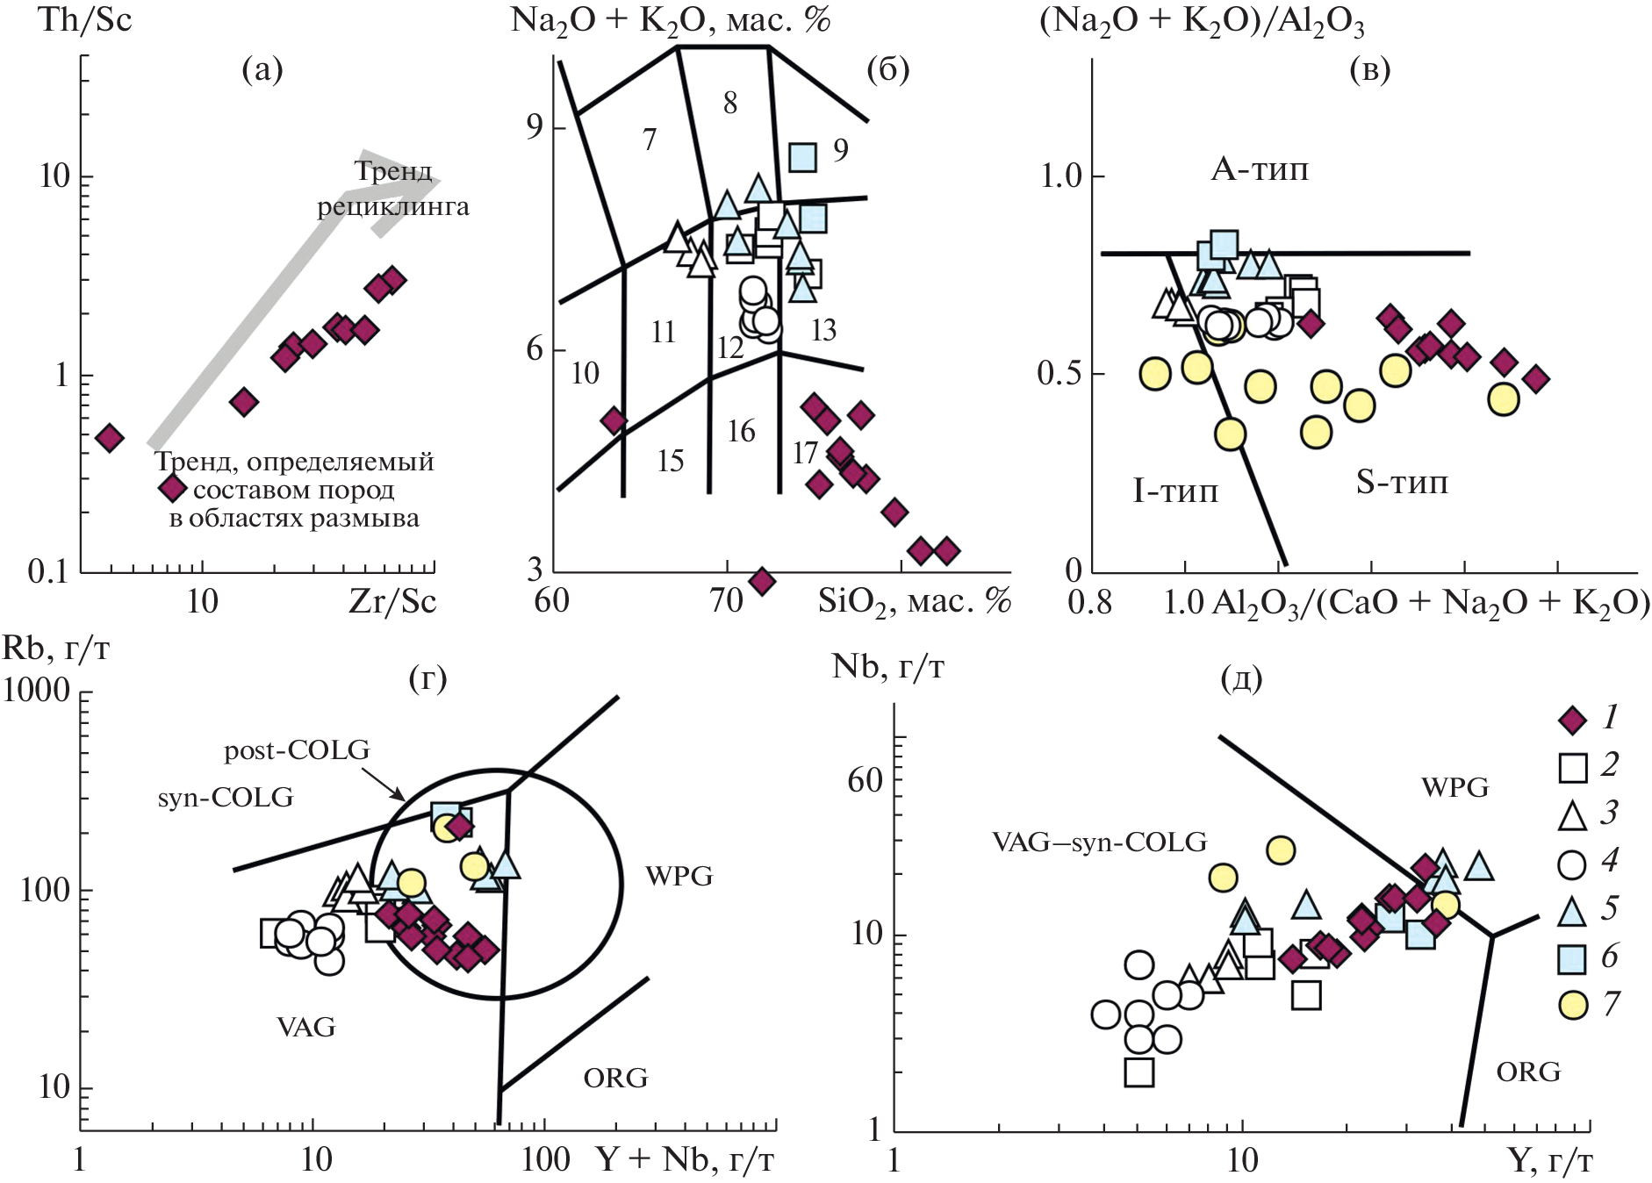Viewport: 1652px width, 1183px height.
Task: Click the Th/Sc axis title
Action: pos(84,19)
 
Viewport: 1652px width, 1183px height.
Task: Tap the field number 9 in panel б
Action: pos(841,150)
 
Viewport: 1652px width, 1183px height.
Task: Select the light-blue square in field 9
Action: pos(802,157)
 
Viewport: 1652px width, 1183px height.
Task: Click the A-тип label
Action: pos(1259,168)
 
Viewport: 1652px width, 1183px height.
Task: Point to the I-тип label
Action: pos(1175,490)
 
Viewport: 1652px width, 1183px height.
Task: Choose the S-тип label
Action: pos(1401,482)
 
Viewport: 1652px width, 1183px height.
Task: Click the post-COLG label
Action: pos(297,750)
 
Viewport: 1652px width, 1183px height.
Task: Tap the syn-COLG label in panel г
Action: pos(226,797)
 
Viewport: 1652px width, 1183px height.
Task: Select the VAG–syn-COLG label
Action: pos(1099,842)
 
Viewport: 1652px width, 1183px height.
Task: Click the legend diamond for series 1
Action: pos(1572,721)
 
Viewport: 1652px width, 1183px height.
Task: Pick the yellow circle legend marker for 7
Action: pos(1572,1005)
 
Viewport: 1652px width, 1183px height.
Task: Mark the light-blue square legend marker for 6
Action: pos(1572,957)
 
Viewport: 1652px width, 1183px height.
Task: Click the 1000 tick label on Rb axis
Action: pos(36,690)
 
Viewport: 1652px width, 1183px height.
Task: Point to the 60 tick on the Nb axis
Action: pos(865,779)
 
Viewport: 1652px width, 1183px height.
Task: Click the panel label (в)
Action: pos(1369,70)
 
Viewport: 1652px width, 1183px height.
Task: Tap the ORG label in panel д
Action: pos(1528,1072)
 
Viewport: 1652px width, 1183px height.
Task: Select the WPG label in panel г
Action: pos(679,876)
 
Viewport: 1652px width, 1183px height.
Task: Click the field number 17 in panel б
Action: pos(805,454)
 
